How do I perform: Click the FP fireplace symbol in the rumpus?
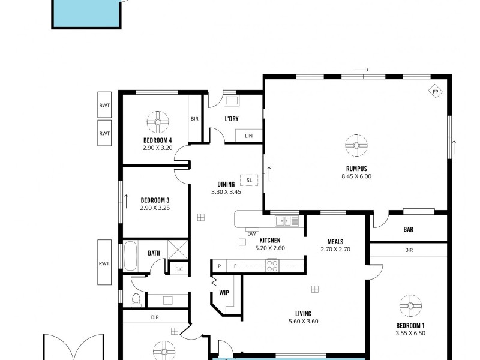click(436, 92)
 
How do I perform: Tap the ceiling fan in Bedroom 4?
click(157, 122)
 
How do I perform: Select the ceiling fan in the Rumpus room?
click(356, 145)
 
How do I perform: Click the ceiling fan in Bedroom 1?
click(410, 306)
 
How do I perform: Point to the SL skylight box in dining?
click(248, 179)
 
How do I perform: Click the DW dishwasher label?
click(251, 233)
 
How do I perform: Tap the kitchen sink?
click(287, 221)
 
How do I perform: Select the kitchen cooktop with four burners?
click(272, 265)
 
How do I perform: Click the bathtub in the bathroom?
click(131, 255)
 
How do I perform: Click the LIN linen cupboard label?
click(248, 137)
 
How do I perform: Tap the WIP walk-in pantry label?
click(223, 293)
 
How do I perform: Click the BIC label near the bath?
click(179, 269)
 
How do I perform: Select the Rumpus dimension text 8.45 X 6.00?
click(356, 176)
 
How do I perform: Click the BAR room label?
click(409, 229)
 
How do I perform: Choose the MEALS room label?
click(335, 241)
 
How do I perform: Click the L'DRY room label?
click(232, 119)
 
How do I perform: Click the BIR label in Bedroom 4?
click(194, 119)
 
